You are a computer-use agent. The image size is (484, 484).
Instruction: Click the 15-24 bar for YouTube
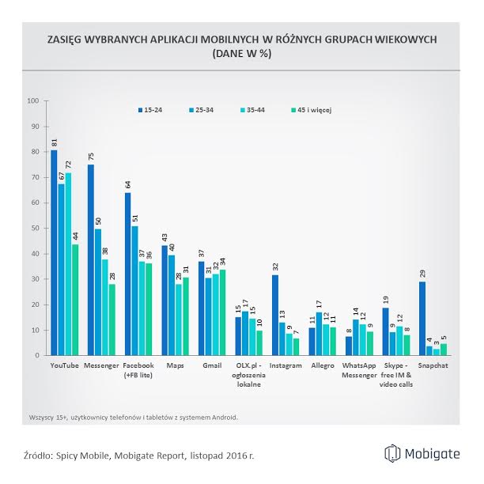(54, 253)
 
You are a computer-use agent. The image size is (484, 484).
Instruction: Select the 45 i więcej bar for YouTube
(76, 300)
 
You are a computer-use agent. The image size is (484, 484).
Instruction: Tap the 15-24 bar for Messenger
(90, 260)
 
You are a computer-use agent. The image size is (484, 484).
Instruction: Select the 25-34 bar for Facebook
(134, 290)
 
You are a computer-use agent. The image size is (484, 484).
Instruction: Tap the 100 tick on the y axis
(32, 100)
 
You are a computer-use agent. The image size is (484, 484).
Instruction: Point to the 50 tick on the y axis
(34, 228)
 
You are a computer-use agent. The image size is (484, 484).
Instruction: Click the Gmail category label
(212, 366)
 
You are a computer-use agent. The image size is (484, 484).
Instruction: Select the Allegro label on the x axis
(322, 366)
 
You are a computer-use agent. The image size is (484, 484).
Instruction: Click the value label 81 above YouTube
(54, 142)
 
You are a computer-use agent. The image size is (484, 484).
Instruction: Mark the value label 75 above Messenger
(90, 157)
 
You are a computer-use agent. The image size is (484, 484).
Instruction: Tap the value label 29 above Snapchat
(422, 274)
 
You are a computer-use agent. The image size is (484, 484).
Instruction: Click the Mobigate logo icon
(392, 453)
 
